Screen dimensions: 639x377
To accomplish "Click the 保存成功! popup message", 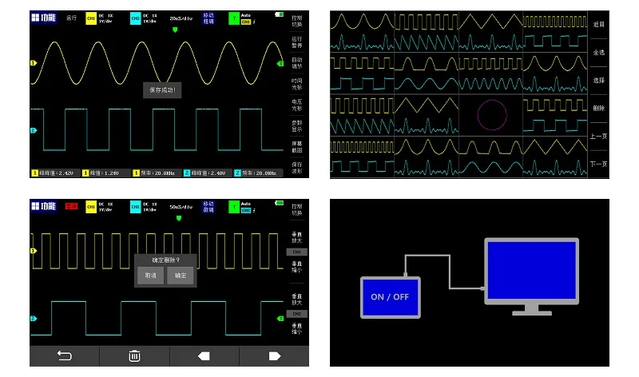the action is (x=163, y=90).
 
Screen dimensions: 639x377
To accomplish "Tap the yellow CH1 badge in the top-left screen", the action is (x=91, y=18).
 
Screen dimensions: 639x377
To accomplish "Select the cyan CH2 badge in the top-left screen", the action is (x=135, y=18).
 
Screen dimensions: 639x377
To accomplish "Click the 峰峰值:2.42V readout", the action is (x=55, y=173).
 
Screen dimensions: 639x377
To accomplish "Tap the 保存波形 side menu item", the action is (x=297, y=167).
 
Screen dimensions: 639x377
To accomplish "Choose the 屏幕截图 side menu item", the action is (x=297, y=146).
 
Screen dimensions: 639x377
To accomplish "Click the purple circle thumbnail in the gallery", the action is (x=490, y=115).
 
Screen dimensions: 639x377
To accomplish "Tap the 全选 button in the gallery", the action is (x=599, y=53).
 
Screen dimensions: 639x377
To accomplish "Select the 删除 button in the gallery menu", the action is (x=599, y=108).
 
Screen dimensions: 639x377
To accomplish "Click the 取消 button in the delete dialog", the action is (x=149, y=275).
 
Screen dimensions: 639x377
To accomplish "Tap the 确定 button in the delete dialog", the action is (x=180, y=275).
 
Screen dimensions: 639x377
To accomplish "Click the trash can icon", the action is (x=135, y=356).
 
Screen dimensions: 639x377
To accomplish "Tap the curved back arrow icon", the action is (x=65, y=356).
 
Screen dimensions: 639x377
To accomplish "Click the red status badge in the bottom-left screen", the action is (x=71, y=206).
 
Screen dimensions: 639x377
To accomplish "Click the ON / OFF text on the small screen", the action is (x=389, y=296).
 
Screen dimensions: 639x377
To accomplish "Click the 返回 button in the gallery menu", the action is (x=599, y=25).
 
